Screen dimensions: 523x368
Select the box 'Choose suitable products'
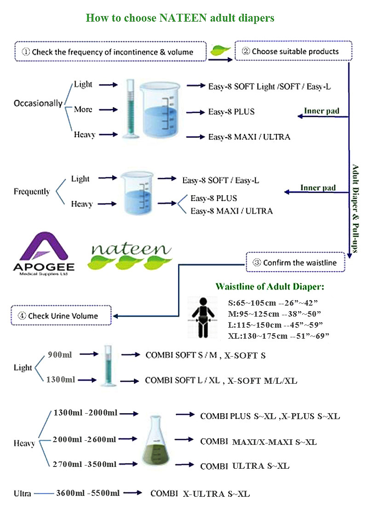click(x=293, y=51)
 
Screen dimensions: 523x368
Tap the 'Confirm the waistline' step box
click(x=295, y=262)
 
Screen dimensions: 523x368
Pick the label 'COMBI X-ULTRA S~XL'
click(x=200, y=494)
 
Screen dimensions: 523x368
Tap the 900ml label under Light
click(x=57, y=354)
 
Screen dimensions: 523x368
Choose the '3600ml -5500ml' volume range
click(x=88, y=493)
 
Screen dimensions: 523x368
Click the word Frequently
click(x=32, y=192)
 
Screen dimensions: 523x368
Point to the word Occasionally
click(x=38, y=103)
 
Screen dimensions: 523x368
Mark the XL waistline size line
click(x=279, y=336)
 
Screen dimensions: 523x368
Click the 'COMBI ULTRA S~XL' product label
click(x=245, y=466)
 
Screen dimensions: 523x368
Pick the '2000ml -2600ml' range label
click(x=84, y=439)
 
